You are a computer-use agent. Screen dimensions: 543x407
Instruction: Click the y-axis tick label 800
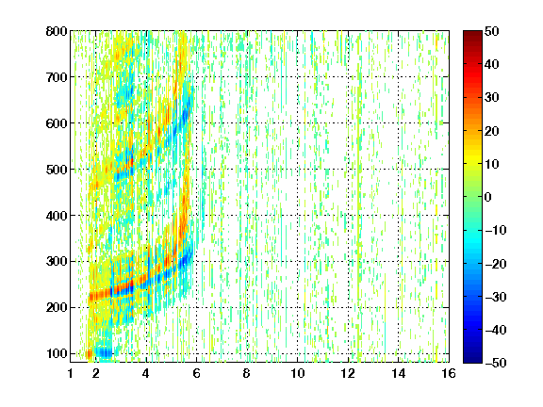pyautogui.click(x=57, y=31)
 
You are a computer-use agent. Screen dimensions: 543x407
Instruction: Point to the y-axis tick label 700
pyautogui.click(x=57, y=77)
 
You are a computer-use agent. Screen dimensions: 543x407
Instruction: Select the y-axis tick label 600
pyautogui.click(x=57, y=123)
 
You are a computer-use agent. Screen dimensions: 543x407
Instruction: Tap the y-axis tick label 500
pyautogui.click(x=57, y=170)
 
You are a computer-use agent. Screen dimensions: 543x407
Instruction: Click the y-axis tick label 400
pyautogui.click(x=57, y=216)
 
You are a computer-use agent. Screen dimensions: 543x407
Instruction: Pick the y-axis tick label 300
pyautogui.click(x=57, y=262)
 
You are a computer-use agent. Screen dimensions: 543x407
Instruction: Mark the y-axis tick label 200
pyautogui.click(x=57, y=308)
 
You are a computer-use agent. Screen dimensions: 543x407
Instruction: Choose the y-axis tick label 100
pyautogui.click(x=57, y=353)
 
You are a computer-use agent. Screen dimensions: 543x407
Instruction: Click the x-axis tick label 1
pyautogui.click(x=71, y=373)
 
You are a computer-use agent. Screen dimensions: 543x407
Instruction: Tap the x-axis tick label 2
pyautogui.click(x=96, y=373)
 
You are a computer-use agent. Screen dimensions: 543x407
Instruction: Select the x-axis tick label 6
pyautogui.click(x=196, y=373)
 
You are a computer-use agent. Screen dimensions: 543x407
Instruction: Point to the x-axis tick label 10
pyautogui.click(x=298, y=373)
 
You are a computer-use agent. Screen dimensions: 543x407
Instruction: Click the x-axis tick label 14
pyautogui.click(x=399, y=373)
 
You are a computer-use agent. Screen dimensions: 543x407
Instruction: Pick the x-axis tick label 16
pyautogui.click(x=449, y=373)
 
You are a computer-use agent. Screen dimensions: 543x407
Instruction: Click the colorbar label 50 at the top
pyautogui.click(x=491, y=31)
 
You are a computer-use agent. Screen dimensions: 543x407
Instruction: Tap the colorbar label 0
pyautogui.click(x=488, y=197)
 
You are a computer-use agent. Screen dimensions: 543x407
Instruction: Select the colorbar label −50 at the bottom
pyautogui.click(x=496, y=363)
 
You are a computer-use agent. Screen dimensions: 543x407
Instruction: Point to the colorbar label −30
pyautogui.click(x=496, y=297)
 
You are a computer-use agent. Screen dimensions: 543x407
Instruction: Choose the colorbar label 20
pyautogui.click(x=491, y=131)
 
